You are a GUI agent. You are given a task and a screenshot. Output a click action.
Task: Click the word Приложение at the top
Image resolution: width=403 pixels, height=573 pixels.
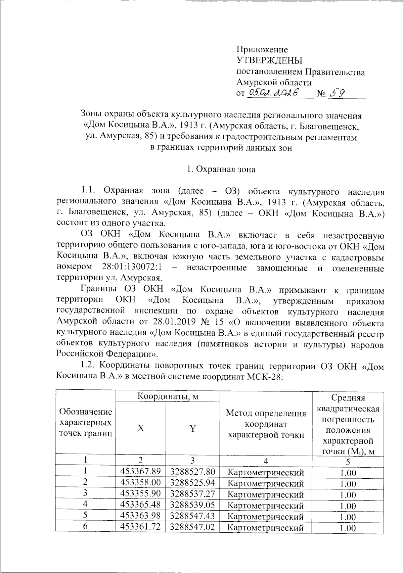[262, 50]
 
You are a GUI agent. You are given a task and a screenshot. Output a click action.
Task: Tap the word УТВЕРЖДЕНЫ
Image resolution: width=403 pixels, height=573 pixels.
[270, 61]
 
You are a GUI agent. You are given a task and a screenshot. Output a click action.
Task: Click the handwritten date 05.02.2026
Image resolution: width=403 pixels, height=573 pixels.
[274, 93]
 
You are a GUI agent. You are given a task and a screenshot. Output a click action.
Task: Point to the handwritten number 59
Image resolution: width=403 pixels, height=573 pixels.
[336, 93]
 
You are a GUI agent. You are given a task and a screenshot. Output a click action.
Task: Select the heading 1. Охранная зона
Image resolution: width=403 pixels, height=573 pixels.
[221, 169]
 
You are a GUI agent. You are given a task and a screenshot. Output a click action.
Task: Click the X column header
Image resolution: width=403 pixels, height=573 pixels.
[141, 429]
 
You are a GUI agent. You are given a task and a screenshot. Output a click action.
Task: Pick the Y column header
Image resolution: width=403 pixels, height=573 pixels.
[192, 429]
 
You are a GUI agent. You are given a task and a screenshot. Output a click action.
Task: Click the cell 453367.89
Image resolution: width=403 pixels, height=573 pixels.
[140, 472]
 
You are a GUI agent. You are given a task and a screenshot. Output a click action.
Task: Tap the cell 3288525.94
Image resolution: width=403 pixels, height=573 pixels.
[192, 483]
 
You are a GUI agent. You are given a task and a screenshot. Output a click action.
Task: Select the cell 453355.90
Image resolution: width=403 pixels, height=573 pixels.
[140, 494]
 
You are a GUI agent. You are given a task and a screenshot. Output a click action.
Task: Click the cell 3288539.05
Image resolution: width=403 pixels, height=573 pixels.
[192, 505]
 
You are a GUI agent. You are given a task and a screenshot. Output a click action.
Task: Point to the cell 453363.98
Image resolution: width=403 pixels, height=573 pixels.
[140, 516]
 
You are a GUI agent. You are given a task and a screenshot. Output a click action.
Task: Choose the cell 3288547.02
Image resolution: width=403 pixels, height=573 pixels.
[192, 527]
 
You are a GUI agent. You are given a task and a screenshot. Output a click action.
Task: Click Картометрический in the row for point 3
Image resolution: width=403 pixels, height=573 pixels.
[266, 494]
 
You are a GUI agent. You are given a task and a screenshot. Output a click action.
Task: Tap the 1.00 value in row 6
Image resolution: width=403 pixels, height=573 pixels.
[348, 528]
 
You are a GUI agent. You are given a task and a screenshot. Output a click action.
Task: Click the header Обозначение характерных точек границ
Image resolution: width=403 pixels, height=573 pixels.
[86, 422]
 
